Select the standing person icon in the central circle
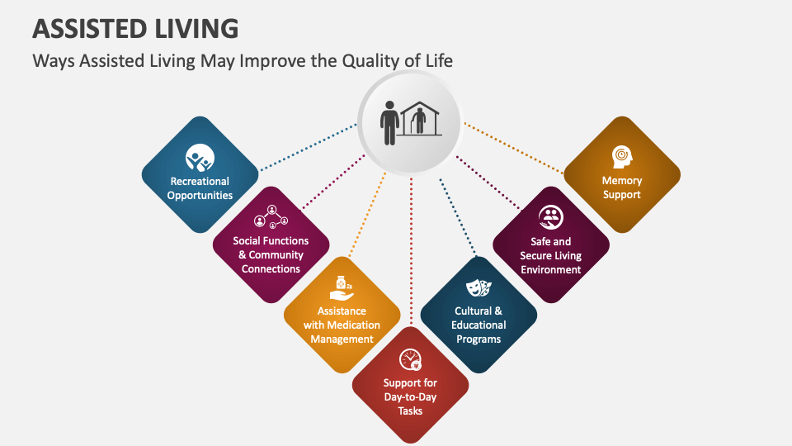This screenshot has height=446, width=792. [389, 125]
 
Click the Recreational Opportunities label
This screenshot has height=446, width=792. [200, 188]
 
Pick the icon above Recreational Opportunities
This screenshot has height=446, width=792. [200, 157]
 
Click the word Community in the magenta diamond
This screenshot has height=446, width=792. [276, 255]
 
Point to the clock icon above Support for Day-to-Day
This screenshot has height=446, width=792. [410, 359]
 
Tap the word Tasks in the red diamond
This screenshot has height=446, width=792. [410, 410]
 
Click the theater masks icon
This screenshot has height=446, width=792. [478, 287]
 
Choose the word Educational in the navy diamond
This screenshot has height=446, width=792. [478, 325]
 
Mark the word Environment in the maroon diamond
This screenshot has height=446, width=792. [550, 269]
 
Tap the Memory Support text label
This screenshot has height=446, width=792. [621, 187]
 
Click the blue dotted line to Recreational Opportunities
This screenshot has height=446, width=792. [309, 147]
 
